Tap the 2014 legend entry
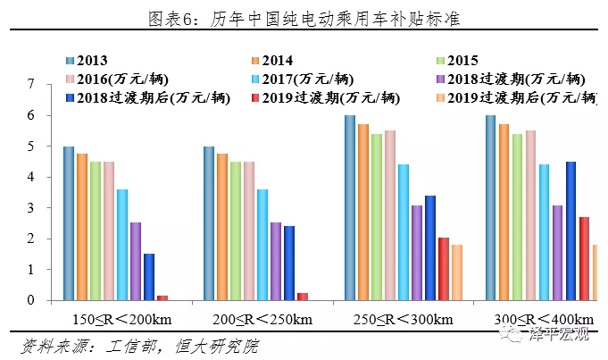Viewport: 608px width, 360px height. click(281, 60)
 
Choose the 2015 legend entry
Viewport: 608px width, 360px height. click(463, 60)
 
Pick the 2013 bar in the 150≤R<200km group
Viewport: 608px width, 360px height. click(69, 223)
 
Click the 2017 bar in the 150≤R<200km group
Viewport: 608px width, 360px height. click(122, 245)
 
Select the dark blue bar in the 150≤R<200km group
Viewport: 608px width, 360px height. click(149, 277)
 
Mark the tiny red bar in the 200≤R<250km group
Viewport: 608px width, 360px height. click(303, 297)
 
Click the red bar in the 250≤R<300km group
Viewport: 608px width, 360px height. click(444, 269)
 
